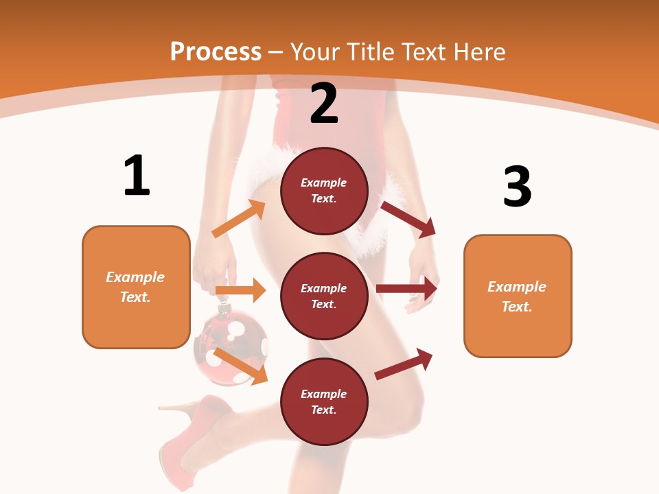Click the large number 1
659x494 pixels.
(x=137, y=176)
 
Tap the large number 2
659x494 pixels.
(x=324, y=103)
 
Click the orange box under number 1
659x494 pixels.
(x=136, y=287)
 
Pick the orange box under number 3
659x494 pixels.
(x=518, y=296)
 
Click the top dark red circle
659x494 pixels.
(x=324, y=190)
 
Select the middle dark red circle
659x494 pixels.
(x=324, y=296)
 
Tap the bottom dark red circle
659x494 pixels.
(x=324, y=401)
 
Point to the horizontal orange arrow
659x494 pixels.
(x=240, y=290)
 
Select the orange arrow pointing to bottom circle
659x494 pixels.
(x=241, y=366)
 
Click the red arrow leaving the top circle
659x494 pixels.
(x=408, y=220)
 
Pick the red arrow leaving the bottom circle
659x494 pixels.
(x=404, y=364)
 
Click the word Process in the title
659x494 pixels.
(x=216, y=51)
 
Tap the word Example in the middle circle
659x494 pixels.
(x=324, y=288)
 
